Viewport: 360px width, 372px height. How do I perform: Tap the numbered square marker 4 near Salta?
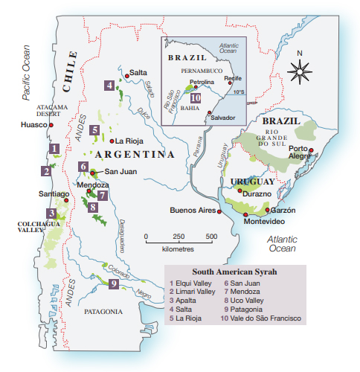click(109, 86)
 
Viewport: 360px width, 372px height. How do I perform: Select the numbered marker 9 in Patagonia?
click(114, 283)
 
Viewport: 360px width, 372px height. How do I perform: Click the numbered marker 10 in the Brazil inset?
click(194, 97)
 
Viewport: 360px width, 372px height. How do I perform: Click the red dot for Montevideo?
click(245, 214)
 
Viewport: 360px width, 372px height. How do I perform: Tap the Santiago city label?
click(53, 194)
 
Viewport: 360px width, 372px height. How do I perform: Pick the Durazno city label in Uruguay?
click(256, 192)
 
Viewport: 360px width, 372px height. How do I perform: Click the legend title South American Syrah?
click(234, 272)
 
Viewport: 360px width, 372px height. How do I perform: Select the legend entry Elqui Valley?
click(193, 283)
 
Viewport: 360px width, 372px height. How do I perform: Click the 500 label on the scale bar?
click(211, 237)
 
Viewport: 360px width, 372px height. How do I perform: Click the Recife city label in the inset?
click(232, 77)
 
